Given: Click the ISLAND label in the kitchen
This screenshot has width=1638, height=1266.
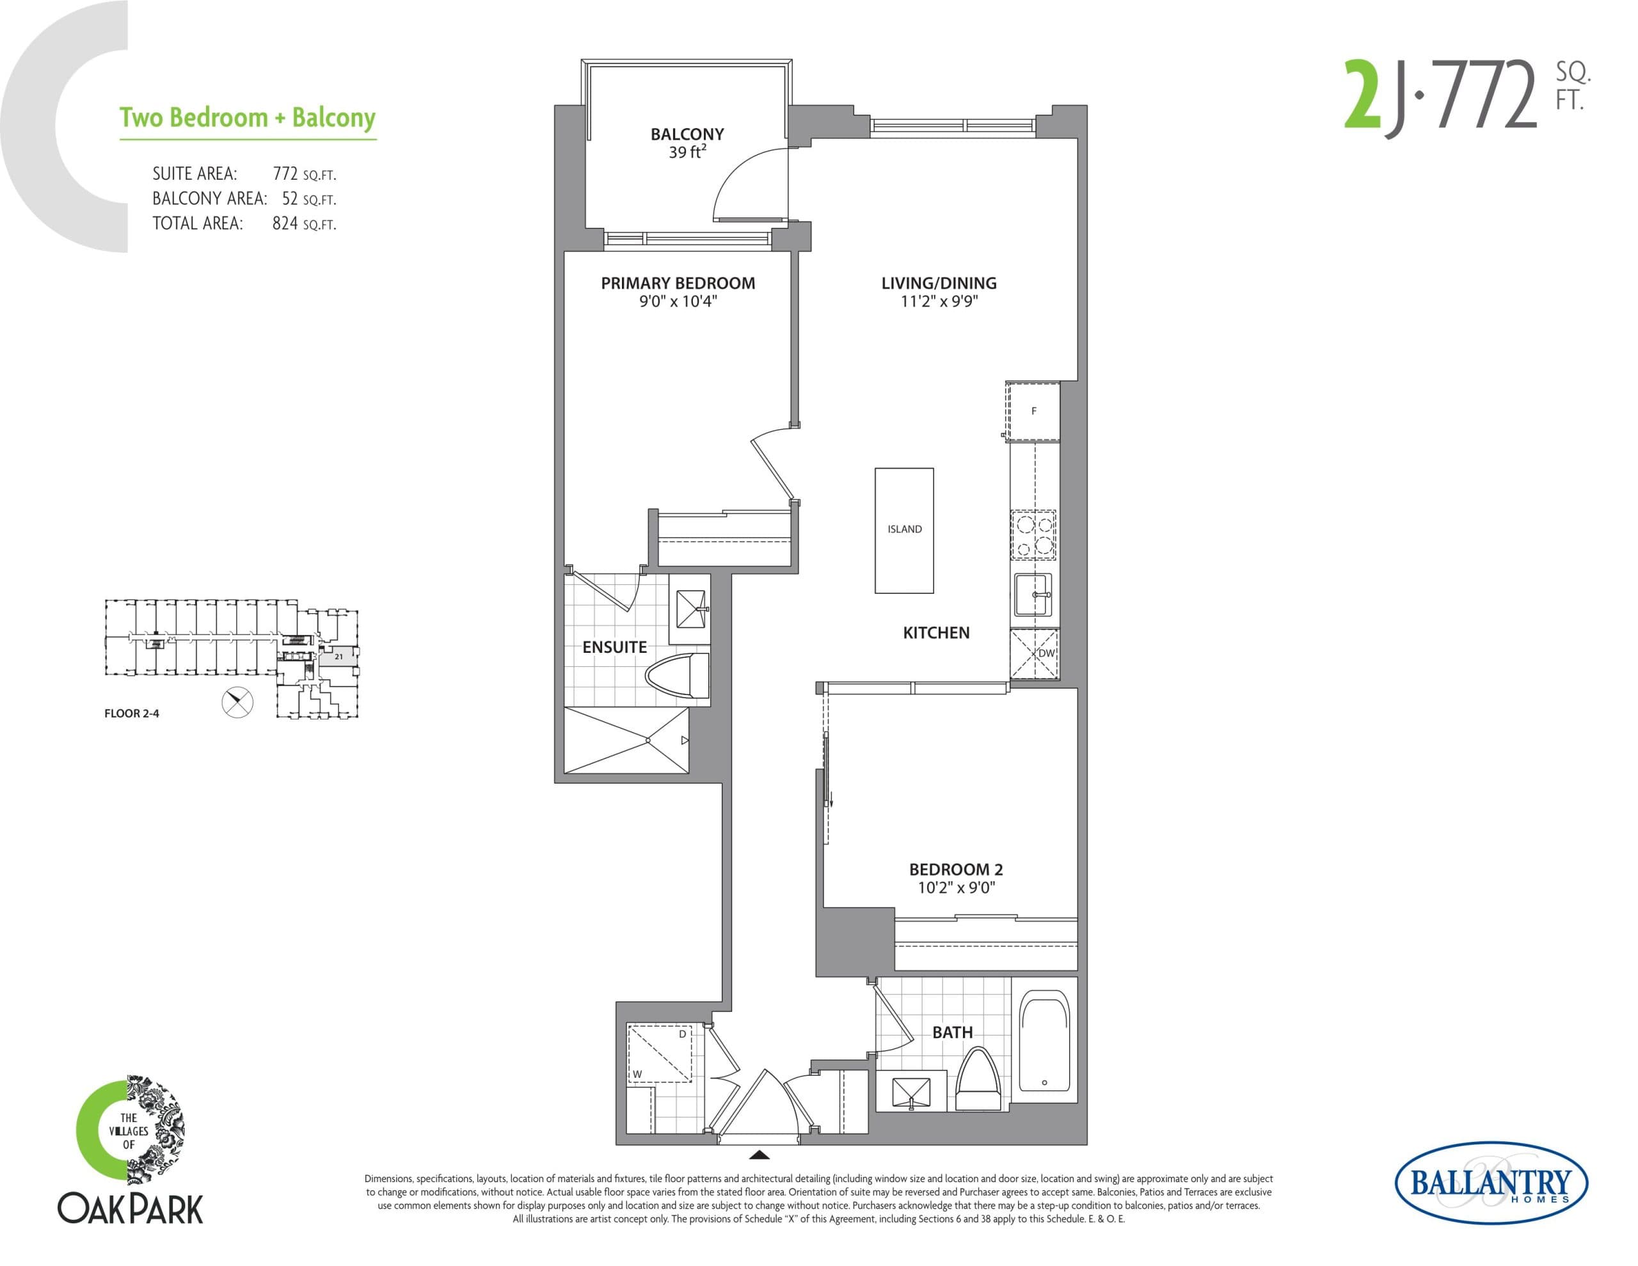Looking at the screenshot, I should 905,529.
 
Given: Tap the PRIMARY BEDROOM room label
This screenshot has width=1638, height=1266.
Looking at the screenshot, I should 677,283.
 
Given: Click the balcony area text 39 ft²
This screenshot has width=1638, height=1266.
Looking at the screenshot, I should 687,152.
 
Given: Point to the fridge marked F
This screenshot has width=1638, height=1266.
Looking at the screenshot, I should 1033,412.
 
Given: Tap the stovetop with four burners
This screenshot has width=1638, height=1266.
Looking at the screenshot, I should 1033,535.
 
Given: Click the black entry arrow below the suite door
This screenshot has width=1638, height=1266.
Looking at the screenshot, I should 759,1155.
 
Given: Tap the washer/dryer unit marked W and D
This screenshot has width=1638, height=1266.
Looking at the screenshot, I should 659,1054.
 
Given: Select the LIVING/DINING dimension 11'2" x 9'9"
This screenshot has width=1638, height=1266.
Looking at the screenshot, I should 939,301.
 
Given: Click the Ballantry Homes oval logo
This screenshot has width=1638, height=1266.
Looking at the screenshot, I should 1490,1183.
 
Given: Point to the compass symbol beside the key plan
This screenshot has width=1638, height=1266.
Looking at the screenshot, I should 238,702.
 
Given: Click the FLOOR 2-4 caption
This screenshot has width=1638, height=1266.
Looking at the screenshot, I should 131,714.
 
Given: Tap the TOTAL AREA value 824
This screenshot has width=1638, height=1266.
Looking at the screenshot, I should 285,223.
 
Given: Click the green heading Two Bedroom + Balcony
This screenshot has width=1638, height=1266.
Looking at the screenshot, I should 248,118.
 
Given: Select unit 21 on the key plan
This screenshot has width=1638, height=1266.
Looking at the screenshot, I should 338,657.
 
